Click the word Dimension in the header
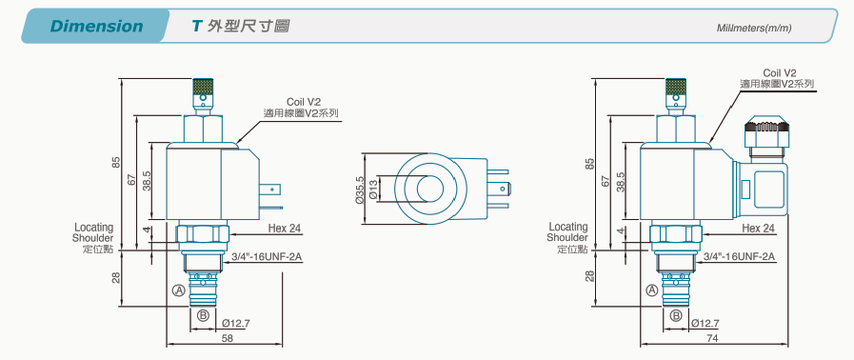(96, 26)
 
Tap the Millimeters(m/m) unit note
(754, 28)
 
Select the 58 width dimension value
(228, 338)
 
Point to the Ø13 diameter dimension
(373, 189)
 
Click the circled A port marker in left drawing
(179, 290)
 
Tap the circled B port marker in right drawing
(676, 315)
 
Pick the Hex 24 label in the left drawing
(285, 229)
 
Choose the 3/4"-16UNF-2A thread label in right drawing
(739, 256)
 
